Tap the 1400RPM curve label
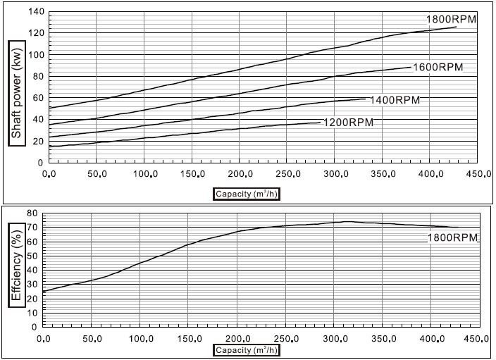pyautogui.click(x=395, y=100)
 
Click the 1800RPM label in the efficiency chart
pyautogui.click(x=453, y=238)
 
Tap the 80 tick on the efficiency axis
pyautogui.click(x=31, y=212)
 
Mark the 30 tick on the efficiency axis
pyautogui.click(x=31, y=283)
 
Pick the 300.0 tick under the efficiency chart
pyautogui.click(x=333, y=339)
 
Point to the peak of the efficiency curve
pyautogui.click(x=347, y=221)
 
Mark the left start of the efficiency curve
pyautogui.click(x=44, y=291)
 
